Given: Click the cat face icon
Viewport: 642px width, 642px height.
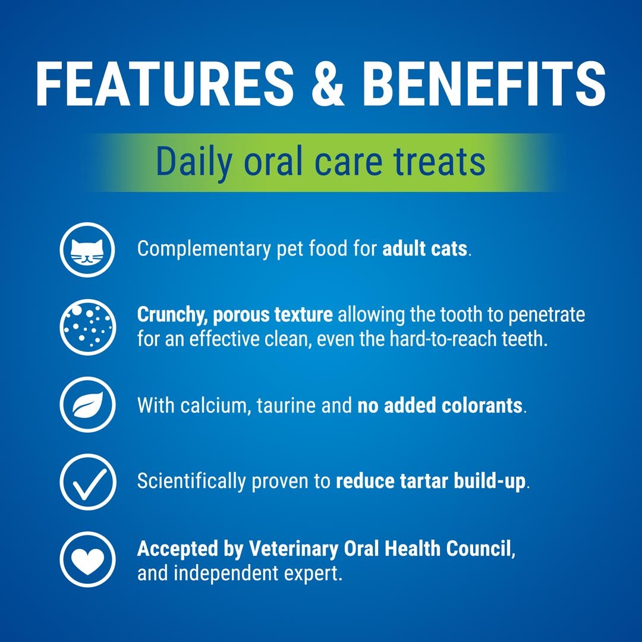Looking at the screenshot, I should tap(87, 248).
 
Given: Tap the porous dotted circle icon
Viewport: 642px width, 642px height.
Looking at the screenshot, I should tap(87, 326).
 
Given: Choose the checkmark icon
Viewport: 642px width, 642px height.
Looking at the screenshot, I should tap(87, 481).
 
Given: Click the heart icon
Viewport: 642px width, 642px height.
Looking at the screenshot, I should tap(87, 558).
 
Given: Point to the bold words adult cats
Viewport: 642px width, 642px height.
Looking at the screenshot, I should tap(424, 248).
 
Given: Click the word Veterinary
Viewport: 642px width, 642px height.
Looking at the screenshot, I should tap(292, 549).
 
